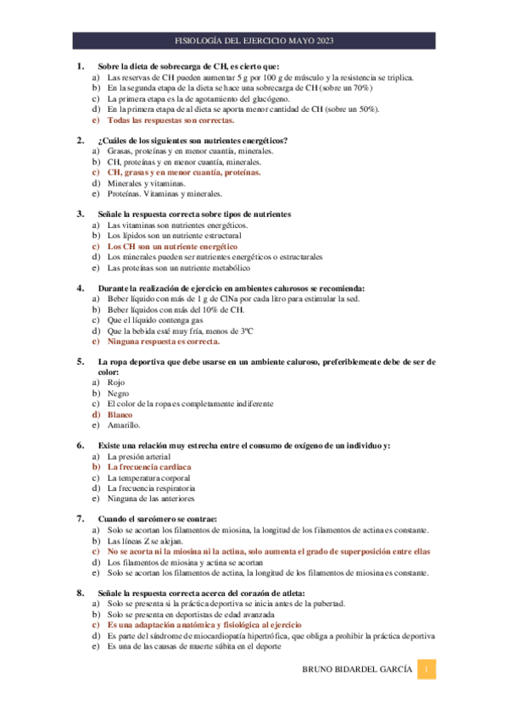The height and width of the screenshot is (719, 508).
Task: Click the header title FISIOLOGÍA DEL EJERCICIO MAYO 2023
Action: [254, 40]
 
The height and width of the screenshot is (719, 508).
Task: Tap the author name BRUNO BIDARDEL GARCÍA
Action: [359, 672]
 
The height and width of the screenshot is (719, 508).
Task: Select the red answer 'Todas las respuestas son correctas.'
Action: [161, 120]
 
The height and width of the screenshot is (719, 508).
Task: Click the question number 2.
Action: [81, 140]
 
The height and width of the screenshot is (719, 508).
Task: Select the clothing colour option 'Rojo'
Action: [117, 382]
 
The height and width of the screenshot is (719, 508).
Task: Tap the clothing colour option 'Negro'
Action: [119, 393]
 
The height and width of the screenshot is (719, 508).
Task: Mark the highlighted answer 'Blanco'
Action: [120, 415]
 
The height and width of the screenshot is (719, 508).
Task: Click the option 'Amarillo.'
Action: [124, 426]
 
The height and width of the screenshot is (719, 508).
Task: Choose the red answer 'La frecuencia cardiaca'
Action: [148, 467]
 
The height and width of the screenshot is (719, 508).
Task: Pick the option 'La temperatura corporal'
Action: [150, 478]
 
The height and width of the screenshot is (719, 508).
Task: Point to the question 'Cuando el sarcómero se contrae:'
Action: [158, 519]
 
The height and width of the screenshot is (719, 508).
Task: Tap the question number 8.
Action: [81, 592]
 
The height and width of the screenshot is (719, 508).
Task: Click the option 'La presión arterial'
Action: [140, 456]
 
